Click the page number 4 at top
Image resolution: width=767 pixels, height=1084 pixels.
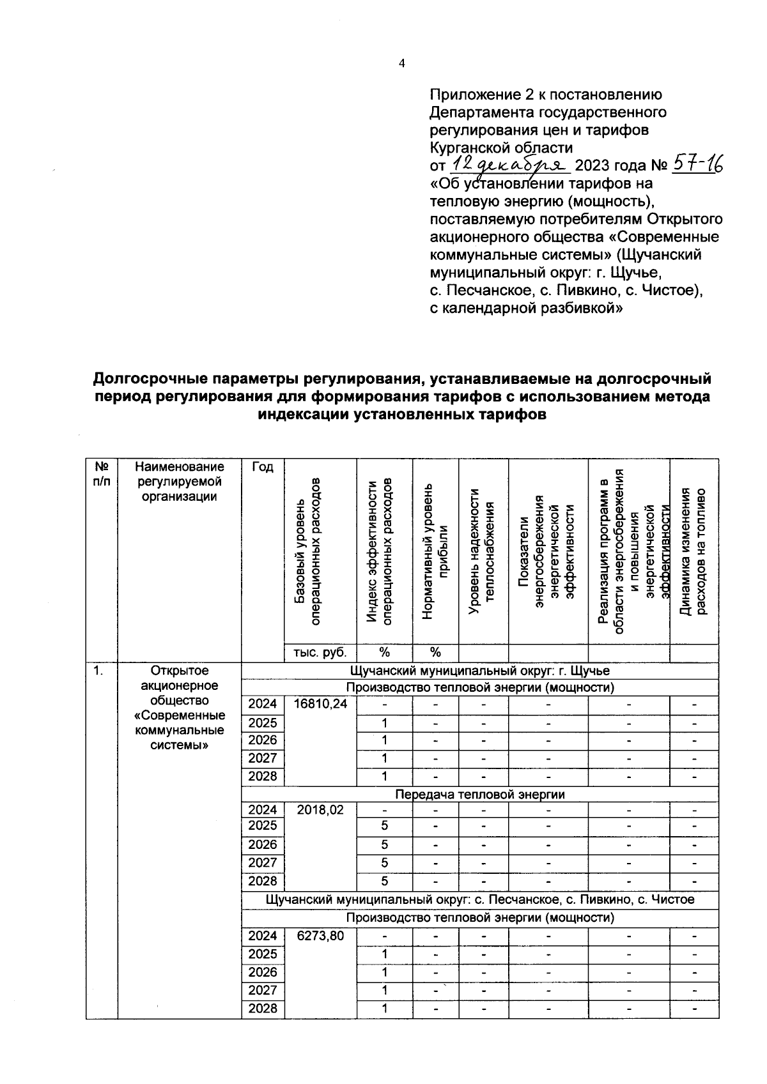coord(401,63)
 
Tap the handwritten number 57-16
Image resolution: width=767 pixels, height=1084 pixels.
coord(696,165)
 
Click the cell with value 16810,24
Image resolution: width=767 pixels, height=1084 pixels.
coord(320,704)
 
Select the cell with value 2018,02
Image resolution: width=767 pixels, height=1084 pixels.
coord(320,809)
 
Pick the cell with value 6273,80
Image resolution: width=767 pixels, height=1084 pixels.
coord(320,936)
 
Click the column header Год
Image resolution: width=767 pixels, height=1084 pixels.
coord(262,467)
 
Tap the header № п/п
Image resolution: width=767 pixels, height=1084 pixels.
coord(102,474)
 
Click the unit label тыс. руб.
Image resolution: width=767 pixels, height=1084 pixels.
coord(320,653)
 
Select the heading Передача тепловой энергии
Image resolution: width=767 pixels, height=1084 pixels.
coord(479,794)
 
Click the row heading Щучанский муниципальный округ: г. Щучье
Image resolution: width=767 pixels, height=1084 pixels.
coord(479,671)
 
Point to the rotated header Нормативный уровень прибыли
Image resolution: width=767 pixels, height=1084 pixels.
coord(435,551)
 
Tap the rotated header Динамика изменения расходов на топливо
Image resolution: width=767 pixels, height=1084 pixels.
coord(693,551)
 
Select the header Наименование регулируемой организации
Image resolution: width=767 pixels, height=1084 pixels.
coord(180,482)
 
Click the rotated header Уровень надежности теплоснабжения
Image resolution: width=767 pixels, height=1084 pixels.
coord(483,551)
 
